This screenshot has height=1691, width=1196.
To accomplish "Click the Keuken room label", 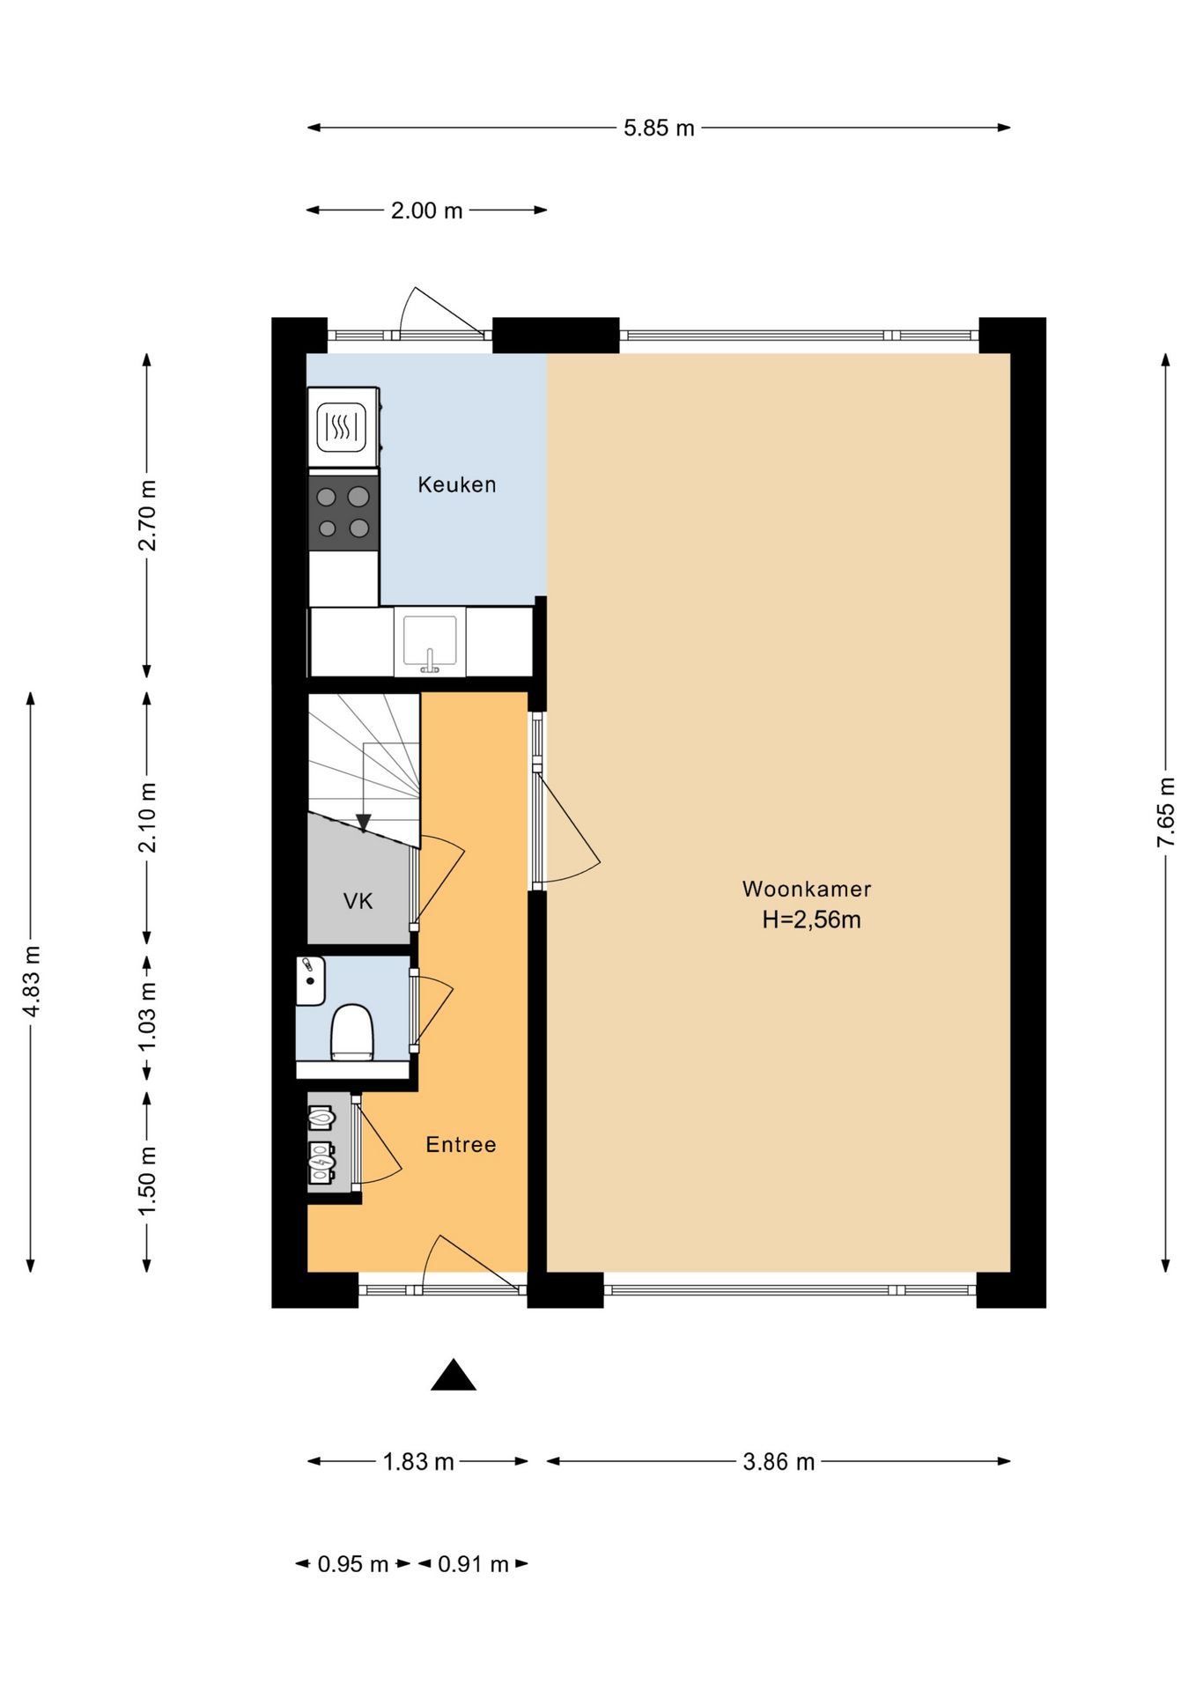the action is [x=456, y=484].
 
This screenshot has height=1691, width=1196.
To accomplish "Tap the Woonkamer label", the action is [x=807, y=889].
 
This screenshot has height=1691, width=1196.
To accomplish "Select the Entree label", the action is [x=461, y=1144].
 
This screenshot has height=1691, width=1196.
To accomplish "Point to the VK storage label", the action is [x=358, y=901].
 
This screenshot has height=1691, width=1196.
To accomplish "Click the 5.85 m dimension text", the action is [x=659, y=129].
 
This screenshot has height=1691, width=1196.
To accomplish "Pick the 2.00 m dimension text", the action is [x=426, y=210].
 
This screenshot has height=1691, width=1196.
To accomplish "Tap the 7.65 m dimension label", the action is [x=1165, y=812].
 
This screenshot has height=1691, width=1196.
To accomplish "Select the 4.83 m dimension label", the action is [x=31, y=981].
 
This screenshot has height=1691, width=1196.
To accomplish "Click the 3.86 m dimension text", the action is [x=779, y=1462].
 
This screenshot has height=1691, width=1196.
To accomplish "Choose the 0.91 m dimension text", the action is [x=473, y=1564].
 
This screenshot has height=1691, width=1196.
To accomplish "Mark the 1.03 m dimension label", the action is [x=147, y=1015].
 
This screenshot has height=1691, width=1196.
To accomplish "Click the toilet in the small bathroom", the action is [x=352, y=1032].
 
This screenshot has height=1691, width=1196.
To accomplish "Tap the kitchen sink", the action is [x=430, y=641].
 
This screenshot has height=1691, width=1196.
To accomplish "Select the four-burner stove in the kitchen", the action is [x=343, y=513].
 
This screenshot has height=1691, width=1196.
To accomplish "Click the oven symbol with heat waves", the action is [x=343, y=427].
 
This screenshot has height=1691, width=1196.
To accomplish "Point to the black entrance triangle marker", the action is [x=454, y=1375].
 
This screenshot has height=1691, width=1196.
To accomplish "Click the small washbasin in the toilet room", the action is [x=310, y=980].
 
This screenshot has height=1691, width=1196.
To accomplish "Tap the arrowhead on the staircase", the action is [x=363, y=823].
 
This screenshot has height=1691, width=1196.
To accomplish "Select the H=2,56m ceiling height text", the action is [x=811, y=920].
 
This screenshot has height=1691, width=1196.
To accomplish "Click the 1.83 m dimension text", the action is [x=418, y=1462].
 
